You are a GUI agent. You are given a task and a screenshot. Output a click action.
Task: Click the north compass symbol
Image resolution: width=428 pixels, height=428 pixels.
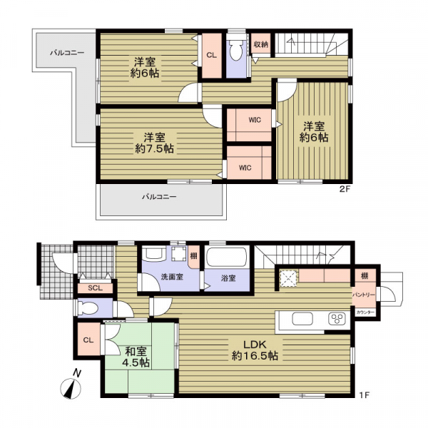click(71, 385)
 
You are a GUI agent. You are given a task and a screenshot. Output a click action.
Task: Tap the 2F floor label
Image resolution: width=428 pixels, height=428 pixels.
click(345, 189)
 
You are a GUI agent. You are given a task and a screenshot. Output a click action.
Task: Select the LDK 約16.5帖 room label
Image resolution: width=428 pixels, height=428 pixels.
click(255, 350)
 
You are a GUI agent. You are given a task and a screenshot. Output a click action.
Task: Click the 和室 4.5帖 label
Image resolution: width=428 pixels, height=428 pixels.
click(136, 357)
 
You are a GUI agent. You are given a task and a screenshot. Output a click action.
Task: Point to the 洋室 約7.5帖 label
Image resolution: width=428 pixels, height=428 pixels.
click(154, 143)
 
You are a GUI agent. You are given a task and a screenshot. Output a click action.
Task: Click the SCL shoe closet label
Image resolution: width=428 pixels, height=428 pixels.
click(95, 288)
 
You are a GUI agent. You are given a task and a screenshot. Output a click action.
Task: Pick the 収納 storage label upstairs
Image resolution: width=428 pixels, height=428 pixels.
click(260, 44)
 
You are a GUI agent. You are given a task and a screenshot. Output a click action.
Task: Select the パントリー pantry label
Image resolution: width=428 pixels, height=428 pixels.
click(364, 295)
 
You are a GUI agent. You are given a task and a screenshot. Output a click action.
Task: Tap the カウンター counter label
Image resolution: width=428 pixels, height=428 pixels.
click(365, 312)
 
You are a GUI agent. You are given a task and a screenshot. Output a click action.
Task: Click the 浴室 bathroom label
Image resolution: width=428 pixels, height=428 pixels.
click(228, 278)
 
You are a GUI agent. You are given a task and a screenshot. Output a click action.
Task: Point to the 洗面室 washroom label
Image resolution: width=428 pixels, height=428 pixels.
click(172, 277)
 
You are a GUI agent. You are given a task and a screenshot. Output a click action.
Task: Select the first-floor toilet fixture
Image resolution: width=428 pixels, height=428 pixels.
click(88, 308)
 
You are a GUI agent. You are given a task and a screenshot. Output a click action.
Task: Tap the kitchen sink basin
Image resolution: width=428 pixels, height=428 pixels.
click(302, 319)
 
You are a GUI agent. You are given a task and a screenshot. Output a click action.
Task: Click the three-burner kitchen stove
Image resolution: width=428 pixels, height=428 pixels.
click(337, 319)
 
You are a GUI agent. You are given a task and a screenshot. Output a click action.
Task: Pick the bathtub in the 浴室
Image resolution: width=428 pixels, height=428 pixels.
click(227, 257)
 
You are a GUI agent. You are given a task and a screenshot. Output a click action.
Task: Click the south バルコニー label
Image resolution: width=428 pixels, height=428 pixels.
click(159, 197)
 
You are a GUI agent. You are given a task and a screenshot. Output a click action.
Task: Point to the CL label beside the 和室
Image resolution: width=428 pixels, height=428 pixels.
click(88, 340)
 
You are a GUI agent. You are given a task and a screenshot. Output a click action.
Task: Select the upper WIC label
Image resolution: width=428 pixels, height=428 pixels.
click(255, 120)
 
